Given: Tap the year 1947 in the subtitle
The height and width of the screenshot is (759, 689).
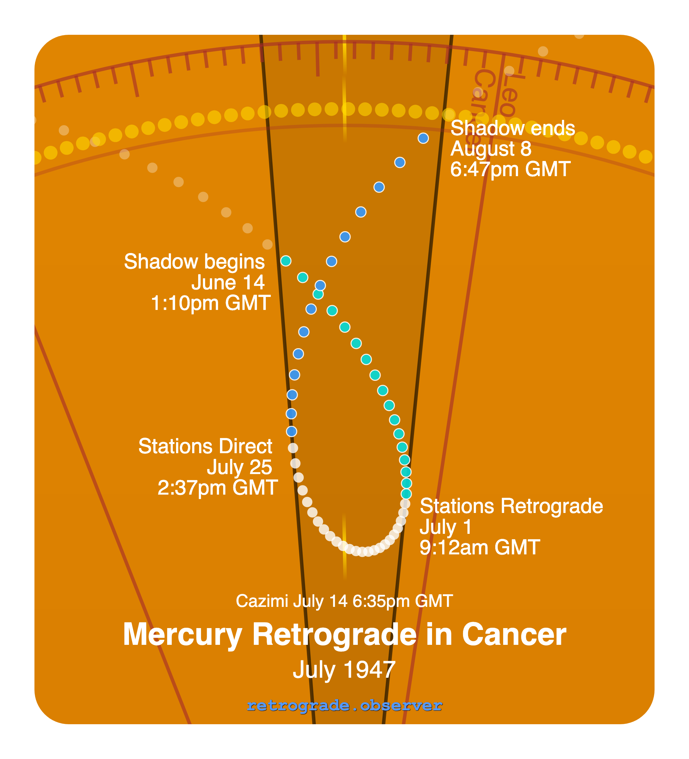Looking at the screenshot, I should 369,670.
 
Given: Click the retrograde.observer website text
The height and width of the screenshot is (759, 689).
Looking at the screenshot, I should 344,705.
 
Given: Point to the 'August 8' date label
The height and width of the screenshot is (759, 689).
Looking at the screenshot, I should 491,149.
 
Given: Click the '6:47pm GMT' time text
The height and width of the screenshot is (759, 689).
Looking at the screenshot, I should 510,169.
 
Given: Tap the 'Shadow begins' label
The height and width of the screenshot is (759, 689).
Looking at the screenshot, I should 194,262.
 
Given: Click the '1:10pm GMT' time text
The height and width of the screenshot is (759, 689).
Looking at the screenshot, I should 210,303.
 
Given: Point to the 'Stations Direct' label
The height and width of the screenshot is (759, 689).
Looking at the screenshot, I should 205,447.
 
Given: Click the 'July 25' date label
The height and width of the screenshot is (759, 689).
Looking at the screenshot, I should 239,467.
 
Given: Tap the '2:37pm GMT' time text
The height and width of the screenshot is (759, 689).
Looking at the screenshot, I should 217,488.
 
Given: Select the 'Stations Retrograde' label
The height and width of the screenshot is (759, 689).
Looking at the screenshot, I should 511,506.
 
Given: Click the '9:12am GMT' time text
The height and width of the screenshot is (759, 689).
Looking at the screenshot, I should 480,547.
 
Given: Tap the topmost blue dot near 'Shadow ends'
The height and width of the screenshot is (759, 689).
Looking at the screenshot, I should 423,138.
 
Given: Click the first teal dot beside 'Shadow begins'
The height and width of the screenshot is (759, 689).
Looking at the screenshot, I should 286,261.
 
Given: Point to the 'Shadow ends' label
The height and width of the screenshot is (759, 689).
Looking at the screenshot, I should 513,128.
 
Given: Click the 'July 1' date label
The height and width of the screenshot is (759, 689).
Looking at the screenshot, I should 446,527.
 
